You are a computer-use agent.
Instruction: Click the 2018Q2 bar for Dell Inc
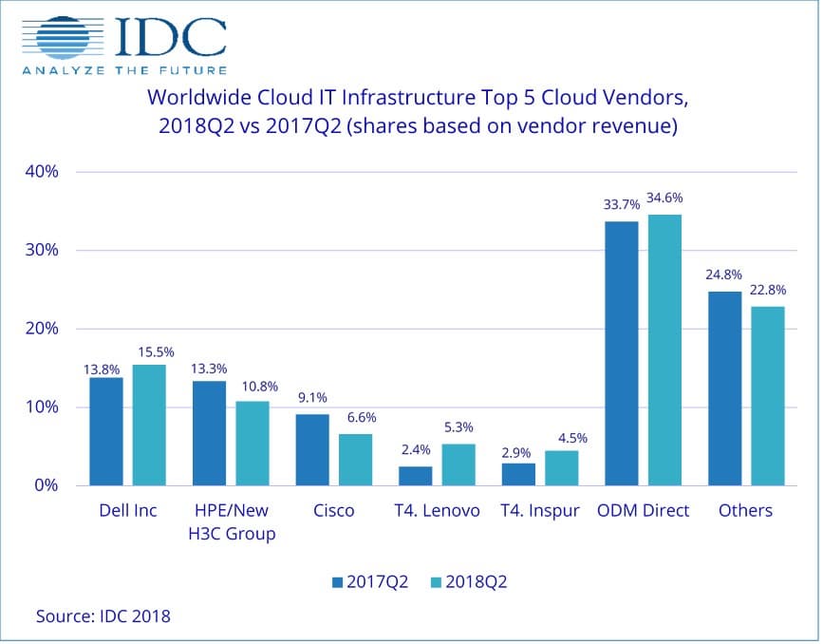click(149, 425)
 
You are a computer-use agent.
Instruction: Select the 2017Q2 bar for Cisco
click(311, 449)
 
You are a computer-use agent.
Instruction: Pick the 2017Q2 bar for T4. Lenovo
click(415, 475)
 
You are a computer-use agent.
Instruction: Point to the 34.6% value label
click(664, 199)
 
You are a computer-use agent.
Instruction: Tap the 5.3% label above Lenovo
click(458, 427)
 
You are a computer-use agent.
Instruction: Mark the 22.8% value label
click(768, 290)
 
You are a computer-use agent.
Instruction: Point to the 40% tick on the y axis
click(42, 172)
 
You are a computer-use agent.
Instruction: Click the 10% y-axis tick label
click(42, 407)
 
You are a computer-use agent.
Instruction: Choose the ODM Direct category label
click(642, 510)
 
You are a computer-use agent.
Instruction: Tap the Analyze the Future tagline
click(122, 69)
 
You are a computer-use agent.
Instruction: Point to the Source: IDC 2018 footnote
click(103, 616)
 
